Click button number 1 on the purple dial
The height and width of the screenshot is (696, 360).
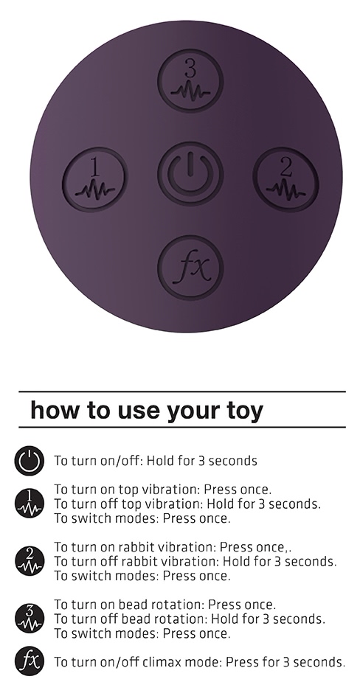pyautogui.click(x=95, y=179)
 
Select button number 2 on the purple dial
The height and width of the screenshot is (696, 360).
pyautogui.click(x=286, y=179)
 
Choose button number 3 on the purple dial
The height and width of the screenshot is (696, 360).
pyautogui.click(x=190, y=81)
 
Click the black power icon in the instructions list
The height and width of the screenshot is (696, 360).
pyautogui.click(x=30, y=461)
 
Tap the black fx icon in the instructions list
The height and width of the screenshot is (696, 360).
pyautogui.click(x=30, y=661)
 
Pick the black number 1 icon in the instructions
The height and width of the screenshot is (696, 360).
pyautogui.click(x=30, y=504)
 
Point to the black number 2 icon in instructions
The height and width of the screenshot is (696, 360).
pyautogui.click(x=30, y=561)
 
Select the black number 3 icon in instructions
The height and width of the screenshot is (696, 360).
pyautogui.click(x=30, y=619)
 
